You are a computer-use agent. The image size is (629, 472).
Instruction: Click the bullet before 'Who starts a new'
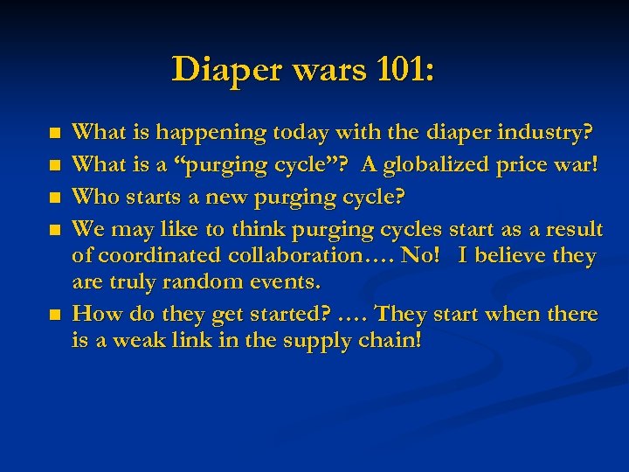56,198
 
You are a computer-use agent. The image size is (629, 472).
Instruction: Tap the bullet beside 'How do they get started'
56,315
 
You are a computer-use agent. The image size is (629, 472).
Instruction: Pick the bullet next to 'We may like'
56,231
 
